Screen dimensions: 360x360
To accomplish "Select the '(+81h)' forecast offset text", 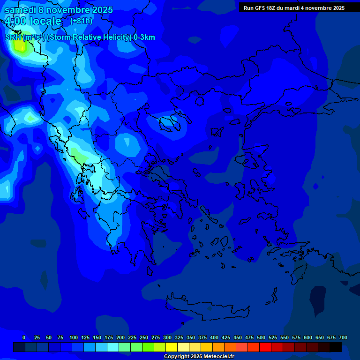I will [x=81, y=21].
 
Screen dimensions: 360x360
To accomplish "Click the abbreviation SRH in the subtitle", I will [x=13, y=37].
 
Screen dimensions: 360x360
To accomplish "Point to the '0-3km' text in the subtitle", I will [x=144, y=37].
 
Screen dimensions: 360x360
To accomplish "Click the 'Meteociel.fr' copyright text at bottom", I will [x=216, y=357].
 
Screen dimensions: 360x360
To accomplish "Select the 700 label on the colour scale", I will [x=343, y=337].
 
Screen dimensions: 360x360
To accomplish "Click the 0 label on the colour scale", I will [x=24, y=337].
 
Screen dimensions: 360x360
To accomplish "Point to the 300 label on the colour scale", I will [x=167, y=337].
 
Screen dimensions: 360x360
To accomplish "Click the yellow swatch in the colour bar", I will [x=172, y=347].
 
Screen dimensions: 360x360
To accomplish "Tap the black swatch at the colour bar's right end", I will [x=336, y=347].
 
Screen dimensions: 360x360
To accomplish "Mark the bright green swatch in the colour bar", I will [x=148, y=347].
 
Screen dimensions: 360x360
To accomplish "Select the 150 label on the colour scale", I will [x=97, y=337].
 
